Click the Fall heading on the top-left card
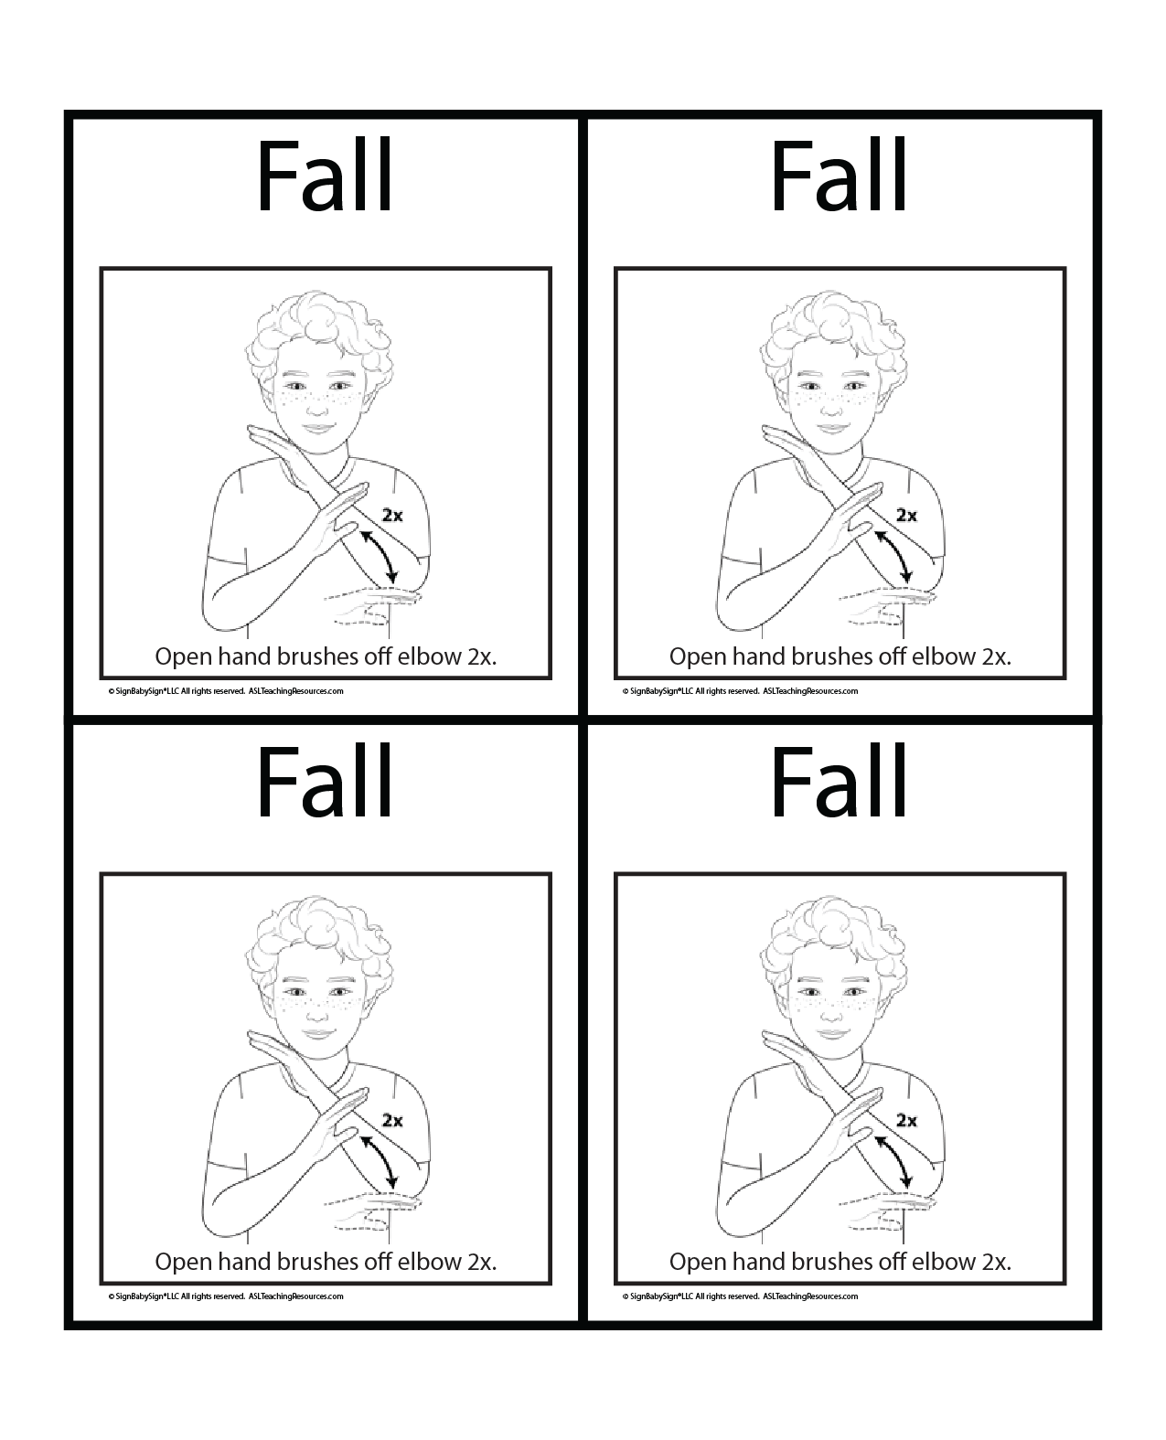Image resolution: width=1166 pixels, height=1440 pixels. (325, 176)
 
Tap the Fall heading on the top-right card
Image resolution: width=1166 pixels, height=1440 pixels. (840, 176)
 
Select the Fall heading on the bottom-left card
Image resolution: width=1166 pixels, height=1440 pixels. (325, 782)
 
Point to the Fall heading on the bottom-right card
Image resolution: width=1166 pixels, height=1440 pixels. (840, 782)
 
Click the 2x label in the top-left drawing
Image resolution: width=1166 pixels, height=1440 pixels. (392, 515)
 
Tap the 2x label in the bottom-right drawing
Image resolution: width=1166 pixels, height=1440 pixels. (907, 1121)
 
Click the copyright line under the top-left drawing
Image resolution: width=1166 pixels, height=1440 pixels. (226, 691)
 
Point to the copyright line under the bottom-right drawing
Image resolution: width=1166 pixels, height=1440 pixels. (741, 1296)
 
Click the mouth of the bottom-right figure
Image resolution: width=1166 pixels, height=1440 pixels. (832, 1034)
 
